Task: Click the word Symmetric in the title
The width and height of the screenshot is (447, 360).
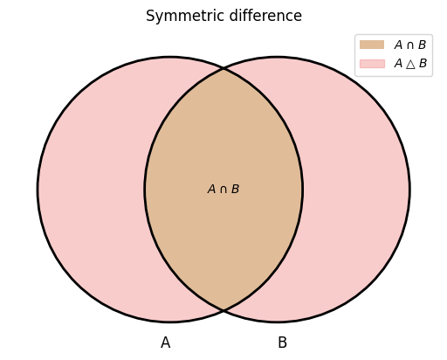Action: [x=186, y=17]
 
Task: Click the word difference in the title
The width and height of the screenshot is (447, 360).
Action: [x=265, y=16]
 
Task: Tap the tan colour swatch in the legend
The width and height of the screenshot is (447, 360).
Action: [x=372, y=45]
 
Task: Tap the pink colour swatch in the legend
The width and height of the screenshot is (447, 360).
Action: [x=372, y=64]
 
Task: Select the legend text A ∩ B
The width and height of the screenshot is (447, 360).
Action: [x=410, y=45]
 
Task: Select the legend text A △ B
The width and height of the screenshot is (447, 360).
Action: [x=410, y=64]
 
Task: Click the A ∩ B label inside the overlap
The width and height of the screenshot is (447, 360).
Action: [x=223, y=190]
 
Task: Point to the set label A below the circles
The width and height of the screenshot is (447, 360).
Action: [x=165, y=343]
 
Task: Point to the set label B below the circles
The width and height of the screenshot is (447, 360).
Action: [x=282, y=343]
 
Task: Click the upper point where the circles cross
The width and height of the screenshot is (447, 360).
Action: [x=223, y=69]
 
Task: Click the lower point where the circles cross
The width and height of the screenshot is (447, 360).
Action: [x=223, y=310]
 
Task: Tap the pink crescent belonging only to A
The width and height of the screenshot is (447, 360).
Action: [x=91, y=190]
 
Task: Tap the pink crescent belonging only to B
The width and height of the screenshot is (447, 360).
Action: [x=356, y=190]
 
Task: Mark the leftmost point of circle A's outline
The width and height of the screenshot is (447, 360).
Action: [x=38, y=190]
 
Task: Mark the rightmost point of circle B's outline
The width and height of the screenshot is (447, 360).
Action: [x=409, y=190]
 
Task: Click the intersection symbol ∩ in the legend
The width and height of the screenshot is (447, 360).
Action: [x=410, y=45]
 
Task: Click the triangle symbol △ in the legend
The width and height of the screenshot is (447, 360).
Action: [x=410, y=64]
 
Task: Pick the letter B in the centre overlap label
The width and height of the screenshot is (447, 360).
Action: [x=235, y=190]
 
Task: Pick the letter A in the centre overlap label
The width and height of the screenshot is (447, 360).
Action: [x=211, y=190]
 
